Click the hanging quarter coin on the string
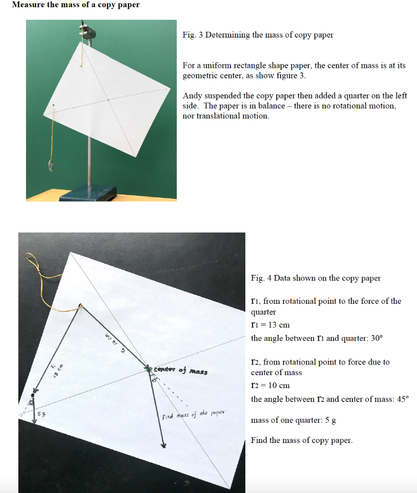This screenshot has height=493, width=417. [x=51, y=165]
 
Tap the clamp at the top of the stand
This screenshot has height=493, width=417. [x=88, y=33]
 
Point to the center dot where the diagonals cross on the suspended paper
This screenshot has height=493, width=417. [x=108, y=99]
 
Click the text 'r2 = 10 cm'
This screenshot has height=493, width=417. [x=270, y=385]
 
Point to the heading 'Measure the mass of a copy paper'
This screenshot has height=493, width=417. [x=76, y=5]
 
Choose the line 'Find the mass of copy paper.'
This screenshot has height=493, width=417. [x=302, y=440]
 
